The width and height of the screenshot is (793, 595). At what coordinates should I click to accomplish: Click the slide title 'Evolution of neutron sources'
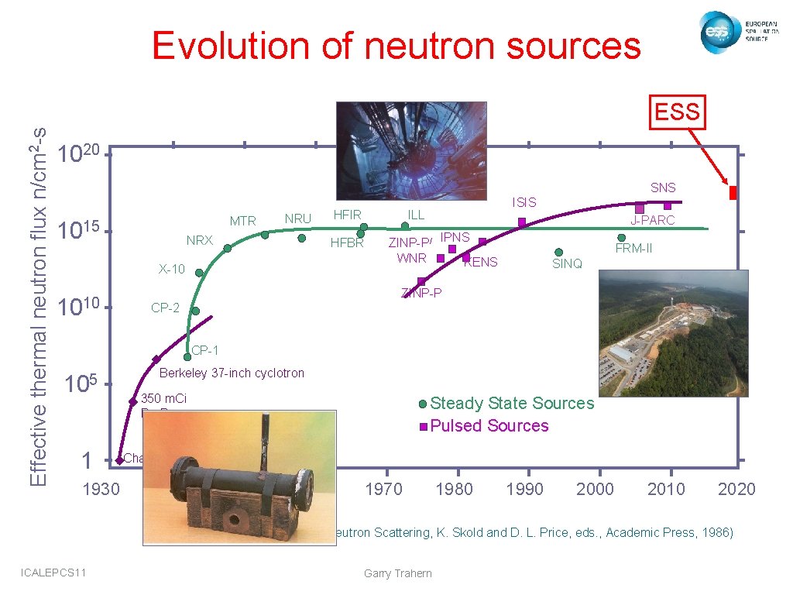[396, 46]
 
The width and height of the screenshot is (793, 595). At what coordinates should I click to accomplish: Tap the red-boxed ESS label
[677, 112]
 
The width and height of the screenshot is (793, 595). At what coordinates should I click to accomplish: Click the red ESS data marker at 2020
[733, 192]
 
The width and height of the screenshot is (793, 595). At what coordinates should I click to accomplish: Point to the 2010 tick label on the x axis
[665, 489]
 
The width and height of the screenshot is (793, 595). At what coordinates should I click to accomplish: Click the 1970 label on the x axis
[383, 489]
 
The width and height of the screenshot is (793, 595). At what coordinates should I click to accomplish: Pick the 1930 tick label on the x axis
[101, 489]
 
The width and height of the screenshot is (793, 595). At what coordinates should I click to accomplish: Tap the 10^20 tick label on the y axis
[81, 150]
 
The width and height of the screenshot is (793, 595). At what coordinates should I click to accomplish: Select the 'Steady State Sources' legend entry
[511, 404]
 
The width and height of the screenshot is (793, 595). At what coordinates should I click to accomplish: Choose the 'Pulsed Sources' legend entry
[489, 426]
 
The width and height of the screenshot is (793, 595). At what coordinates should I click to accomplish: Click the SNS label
[663, 187]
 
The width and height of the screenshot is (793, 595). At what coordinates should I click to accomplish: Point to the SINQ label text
[567, 264]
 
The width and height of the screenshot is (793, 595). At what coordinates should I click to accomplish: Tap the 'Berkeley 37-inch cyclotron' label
[232, 373]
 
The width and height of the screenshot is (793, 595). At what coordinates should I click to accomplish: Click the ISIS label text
[524, 202]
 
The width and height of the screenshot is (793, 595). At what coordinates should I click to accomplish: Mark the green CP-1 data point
[187, 357]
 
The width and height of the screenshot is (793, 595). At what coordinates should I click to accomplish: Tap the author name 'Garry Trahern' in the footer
[396, 573]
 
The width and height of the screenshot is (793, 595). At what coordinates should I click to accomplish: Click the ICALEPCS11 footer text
[55, 573]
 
